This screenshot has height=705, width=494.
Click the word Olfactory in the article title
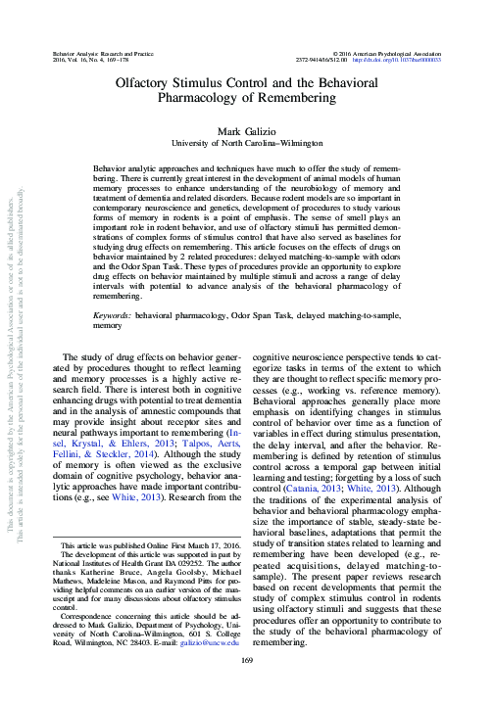click(146, 86)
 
